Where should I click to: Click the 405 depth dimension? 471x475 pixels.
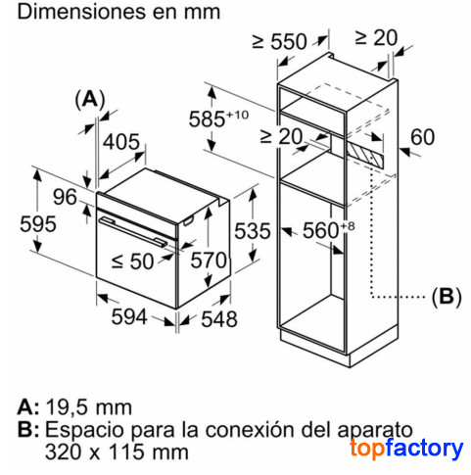coord(121,142)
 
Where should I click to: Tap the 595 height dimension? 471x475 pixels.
coord(38,224)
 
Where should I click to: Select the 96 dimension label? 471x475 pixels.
coord(65,197)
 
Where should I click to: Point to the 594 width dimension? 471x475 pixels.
coord(129,316)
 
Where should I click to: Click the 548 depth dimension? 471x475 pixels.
coord(219,319)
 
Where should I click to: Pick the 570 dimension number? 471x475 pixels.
coord(209,261)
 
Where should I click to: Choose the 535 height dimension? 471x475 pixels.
coord(253,231)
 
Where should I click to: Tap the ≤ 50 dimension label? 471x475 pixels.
coord(132,261)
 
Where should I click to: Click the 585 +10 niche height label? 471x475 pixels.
coord(218,118)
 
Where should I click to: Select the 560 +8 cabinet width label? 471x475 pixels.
coord(328,229)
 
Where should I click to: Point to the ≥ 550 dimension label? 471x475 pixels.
coord(279,41)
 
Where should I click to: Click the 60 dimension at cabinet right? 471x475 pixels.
coord(422,137)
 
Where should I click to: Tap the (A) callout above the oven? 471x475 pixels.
coord(90,99)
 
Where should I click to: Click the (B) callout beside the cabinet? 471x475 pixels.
coord(447,297)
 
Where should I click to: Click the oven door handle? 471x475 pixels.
coord(133,231)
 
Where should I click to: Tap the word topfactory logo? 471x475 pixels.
coord(406,449)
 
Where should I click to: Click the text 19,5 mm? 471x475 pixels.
coord(89,407)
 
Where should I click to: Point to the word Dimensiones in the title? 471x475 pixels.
coord(80,12)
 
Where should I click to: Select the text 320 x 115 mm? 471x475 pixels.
coord(117,451)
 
